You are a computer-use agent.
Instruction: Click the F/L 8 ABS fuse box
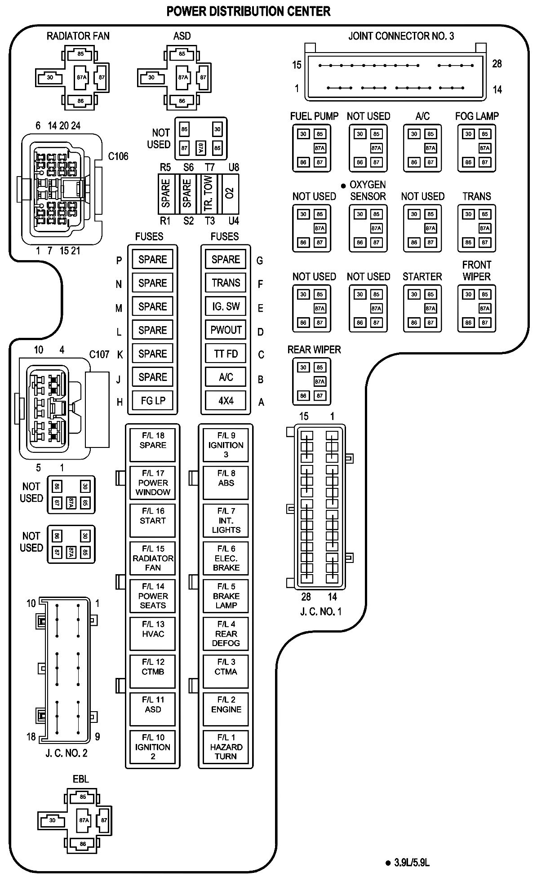coord(226,483)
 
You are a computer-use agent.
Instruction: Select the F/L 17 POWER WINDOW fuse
coord(152,483)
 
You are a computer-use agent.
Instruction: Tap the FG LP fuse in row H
coord(153,400)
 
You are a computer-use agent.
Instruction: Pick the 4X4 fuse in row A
coord(226,400)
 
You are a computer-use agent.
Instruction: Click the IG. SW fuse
coord(226,306)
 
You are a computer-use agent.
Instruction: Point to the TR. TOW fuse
coord(209,194)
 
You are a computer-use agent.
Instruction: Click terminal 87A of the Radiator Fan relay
coord(81,77)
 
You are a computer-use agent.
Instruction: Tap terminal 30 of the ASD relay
coord(151,77)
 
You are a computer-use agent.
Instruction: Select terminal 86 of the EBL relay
coord(83,844)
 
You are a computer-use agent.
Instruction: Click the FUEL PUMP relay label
coord(314,116)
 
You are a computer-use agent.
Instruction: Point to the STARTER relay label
coord(422,277)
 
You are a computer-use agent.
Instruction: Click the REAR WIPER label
coord(314,350)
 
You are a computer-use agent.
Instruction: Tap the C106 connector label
coord(118,156)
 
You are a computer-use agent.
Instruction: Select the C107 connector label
coord(99,354)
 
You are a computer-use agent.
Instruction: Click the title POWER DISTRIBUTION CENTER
coord(249,11)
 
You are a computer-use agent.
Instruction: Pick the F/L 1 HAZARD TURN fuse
coord(226,747)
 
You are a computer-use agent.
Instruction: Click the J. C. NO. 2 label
coord(67,753)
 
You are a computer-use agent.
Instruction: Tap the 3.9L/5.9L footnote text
coord(412,863)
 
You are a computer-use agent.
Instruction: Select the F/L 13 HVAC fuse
coord(152,633)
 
